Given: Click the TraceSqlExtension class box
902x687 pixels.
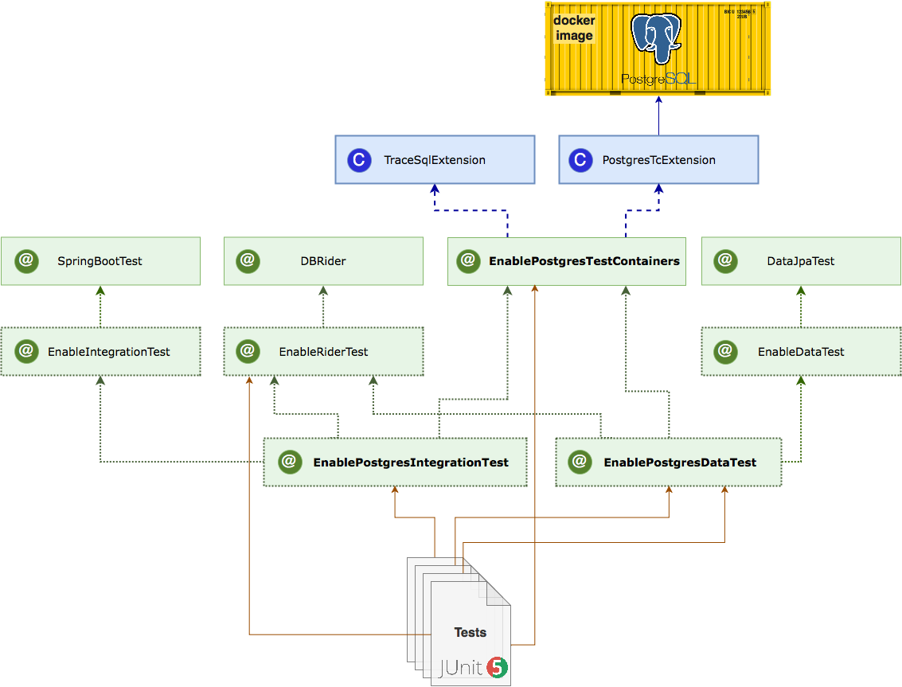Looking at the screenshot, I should coord(435,160).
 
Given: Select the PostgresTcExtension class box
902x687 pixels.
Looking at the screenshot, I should coord(658,160).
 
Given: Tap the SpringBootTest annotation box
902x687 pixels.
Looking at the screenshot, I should coord(100,261).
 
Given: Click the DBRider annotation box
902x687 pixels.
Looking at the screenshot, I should coord(323,261).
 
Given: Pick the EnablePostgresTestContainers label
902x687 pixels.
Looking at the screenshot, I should coord(584,261).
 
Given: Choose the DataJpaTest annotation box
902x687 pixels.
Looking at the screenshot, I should coord(801,261).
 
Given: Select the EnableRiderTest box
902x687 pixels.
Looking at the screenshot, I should coord(323,351).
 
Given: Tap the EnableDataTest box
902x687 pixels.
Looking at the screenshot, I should coord(801,351).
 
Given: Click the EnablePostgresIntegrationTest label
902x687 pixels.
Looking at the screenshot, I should coord(410,462).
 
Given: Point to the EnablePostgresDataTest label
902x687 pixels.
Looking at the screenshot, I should coord(680,462).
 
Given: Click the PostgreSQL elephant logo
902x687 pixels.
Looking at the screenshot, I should coord(657,37).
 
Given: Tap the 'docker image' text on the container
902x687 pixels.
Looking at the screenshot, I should coord(574,28).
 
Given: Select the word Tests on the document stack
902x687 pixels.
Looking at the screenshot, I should coord(470,632).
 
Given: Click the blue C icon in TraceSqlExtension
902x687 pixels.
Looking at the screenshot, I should coord(359,160).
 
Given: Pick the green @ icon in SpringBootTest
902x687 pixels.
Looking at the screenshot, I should coord(25,260).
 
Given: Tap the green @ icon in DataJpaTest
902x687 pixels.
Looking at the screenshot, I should coord(725,260).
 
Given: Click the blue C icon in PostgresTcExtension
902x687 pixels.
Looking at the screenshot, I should coord(581,160).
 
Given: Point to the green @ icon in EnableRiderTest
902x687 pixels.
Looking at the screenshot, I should coord(248,351).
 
